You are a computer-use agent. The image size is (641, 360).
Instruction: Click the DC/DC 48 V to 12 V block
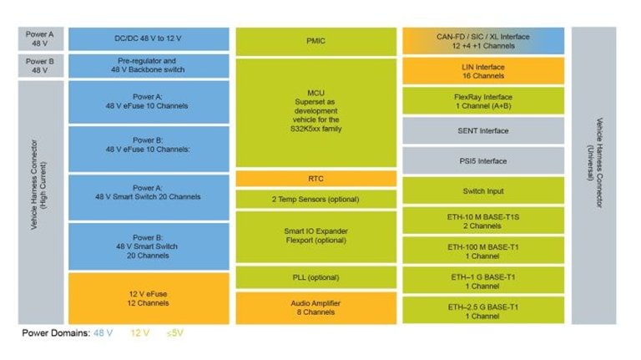tap(149, 39)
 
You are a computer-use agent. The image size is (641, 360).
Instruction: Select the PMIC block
tap(316, 41)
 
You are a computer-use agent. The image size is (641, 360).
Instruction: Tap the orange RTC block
tap(316, 179)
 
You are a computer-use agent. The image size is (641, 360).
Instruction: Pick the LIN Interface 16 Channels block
tap(483, 71)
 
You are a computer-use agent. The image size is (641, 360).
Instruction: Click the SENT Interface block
tap(483, 131)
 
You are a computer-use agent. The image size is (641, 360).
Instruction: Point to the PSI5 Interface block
tap(483, 160)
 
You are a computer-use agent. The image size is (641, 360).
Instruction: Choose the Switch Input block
tap(483, 190)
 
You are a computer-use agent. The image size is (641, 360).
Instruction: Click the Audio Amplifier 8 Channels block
tap(316, 308)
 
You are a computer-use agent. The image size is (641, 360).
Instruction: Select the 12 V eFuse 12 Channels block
tap(149, 299)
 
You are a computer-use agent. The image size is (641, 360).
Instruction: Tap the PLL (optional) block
tap(316, 277)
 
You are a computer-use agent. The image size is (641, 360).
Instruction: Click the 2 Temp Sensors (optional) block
tap(316, 200)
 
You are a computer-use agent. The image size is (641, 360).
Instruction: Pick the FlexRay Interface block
tap(483, 101)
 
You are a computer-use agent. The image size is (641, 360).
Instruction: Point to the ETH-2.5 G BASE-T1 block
tap(483, 311)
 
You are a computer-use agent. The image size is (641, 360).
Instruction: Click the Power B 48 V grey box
tap(41, 66)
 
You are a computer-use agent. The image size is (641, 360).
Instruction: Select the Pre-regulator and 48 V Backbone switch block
tap(149, 66)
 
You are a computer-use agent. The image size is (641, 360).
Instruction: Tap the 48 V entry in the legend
tap(103, 333)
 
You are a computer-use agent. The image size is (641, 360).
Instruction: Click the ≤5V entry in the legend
tap(175, 333)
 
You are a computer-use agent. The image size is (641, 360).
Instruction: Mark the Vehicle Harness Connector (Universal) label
tap(594, 163)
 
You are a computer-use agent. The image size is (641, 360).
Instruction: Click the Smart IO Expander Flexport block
tap(316, 237)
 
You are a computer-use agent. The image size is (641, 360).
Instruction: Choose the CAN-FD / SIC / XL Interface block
tap(483, 41)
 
